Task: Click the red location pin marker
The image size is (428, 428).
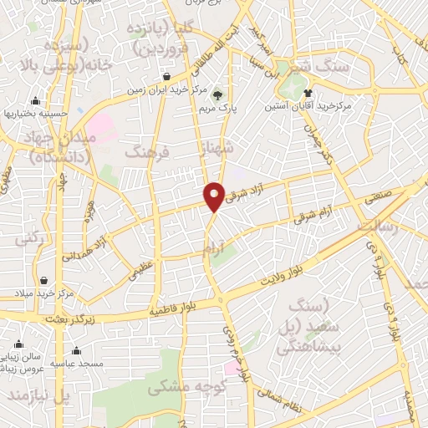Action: click(x=214, y=195)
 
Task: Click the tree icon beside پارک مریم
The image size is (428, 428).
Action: click(x=218, y=94)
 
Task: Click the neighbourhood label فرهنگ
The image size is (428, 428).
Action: click(x=146, y=153)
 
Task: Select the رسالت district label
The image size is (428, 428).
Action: click(x=378, y=227)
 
